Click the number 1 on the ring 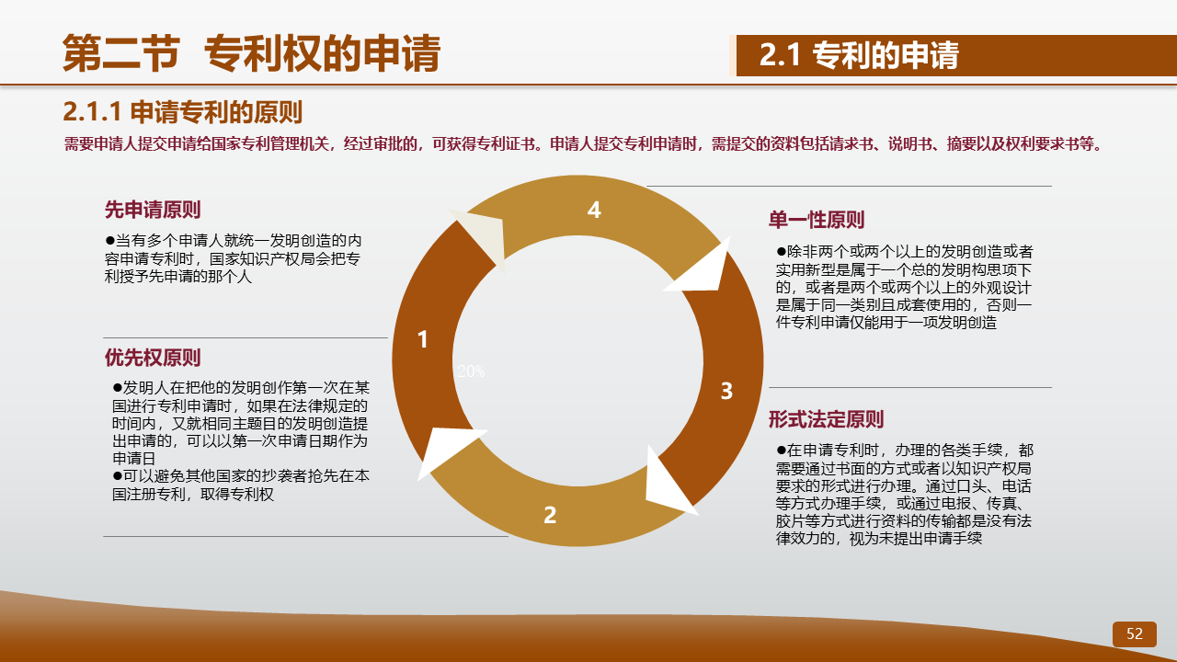pyautogui.click(x=422, y=339)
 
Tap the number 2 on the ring pyautogui.click(x=550, y=515)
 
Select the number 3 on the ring pyautogui.click(x=726, y=391)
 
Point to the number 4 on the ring pyautogui.click(x=594, y=211)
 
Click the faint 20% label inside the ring pyautogui.click(x=471, y=371)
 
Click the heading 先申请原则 pyautogui.click(x=153, y=210)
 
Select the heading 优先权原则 pyautogui.click(x=153, y=358)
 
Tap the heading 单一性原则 pyautogui.click(x=816, y=220)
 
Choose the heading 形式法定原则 pyautogui.click(x=826, y=420)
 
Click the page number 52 pyautogui.click(x=1135, y=633)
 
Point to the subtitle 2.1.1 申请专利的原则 pyautogui.click(x=182, y=112)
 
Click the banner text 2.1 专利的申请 pyautogui.click(x=859, y=55)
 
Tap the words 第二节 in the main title pyautogui.click(x=121, y=52)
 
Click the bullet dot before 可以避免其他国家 pyautogui.click(x=117, y=476)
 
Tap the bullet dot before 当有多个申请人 pyautogui.click(x=109, y=241)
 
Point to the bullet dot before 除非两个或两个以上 pyautogui.click(x=782, y=252)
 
